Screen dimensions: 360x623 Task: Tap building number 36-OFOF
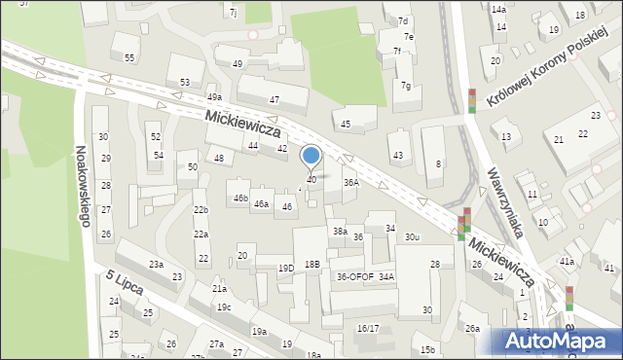(355, 277)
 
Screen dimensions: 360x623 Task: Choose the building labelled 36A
(351, 182)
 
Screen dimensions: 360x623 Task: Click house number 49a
(214, 97)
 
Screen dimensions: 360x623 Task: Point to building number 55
(129, 58)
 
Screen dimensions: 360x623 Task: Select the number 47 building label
(275, 100)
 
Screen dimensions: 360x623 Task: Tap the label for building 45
(345, 124)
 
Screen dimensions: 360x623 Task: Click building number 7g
(406, 86)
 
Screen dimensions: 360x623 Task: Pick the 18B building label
(311, 265)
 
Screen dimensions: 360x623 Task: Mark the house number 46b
(240, 198)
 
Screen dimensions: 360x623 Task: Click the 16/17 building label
(368, 329)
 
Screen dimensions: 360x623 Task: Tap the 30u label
(413, 237)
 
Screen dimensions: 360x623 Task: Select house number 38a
(340, 232)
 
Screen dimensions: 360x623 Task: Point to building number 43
(397, 156)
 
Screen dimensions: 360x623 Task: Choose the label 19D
(285, 268)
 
